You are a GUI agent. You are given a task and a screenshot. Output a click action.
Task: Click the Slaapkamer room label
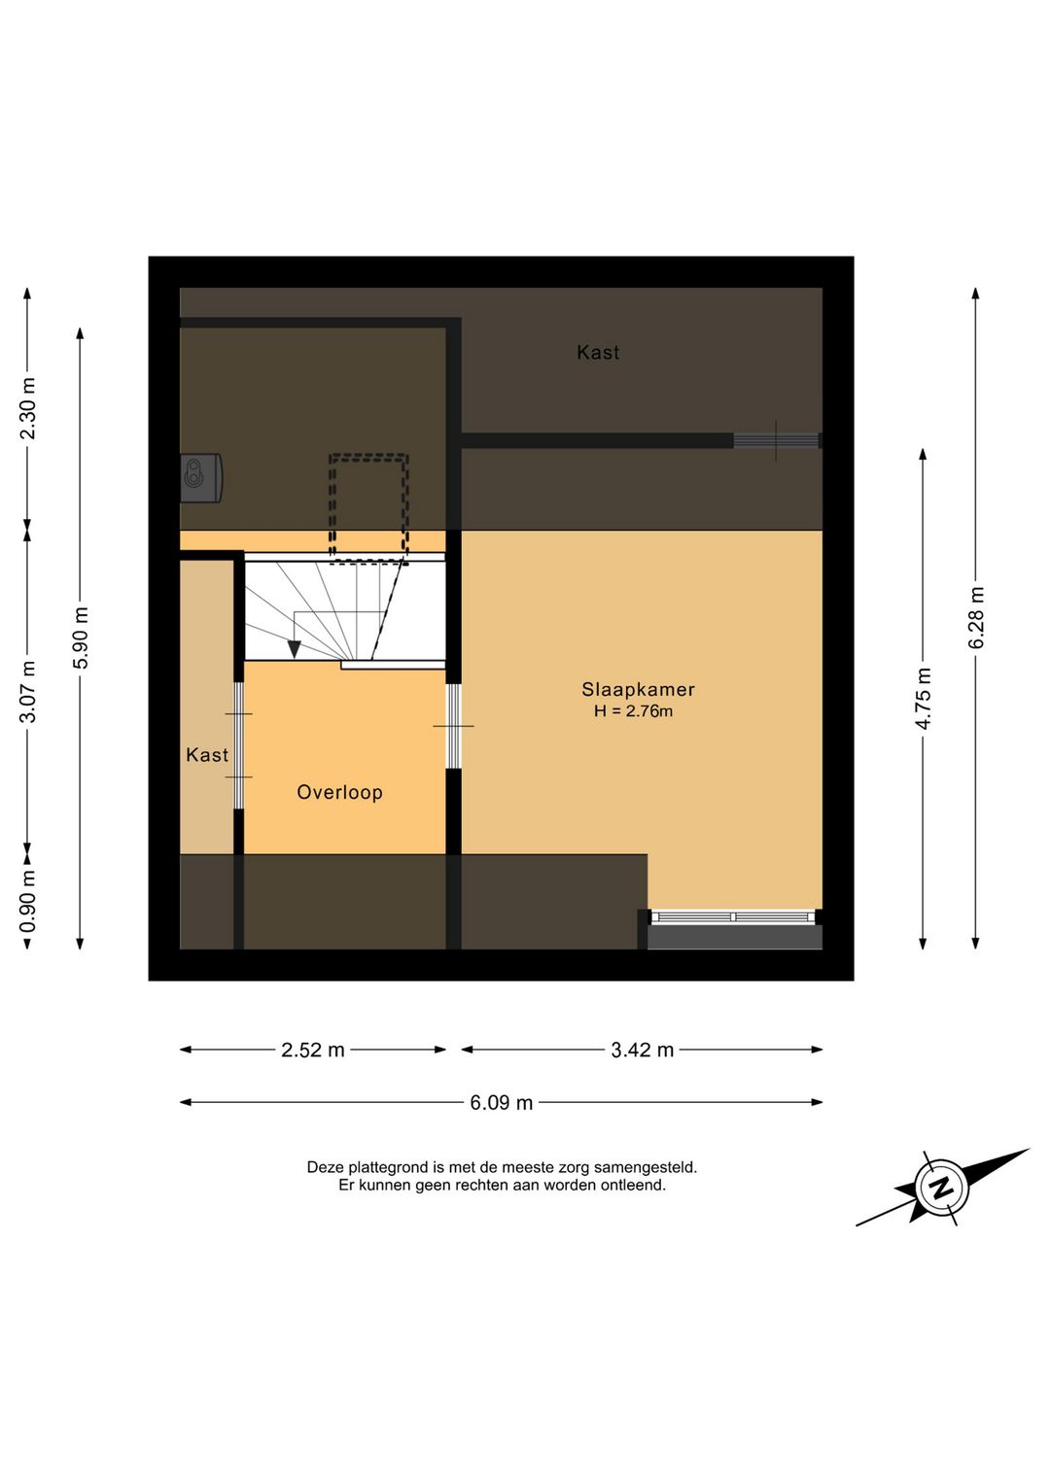(638, 689)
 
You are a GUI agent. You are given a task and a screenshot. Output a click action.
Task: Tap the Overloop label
(339, 792)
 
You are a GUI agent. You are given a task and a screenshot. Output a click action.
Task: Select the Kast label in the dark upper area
(598, 352)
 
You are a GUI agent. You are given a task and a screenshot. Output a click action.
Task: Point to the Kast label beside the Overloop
(207, 755)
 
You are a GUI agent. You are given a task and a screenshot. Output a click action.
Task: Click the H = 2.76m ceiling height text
(633, 711)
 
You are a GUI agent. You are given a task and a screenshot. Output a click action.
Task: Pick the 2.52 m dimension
(313, 1050)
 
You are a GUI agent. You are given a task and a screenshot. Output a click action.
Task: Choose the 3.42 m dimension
(642, 1050)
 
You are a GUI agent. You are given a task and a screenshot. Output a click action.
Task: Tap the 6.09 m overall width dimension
(502, 1102)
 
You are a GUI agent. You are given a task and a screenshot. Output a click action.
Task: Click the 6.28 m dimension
(976, 617)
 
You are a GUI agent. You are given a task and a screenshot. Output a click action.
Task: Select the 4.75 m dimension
(924, 699)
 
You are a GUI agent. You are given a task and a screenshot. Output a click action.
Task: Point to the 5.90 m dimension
(81, 638)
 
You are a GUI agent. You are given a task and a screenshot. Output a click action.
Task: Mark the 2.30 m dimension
(28, 408)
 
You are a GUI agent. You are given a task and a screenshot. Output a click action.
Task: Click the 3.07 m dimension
(28, 692)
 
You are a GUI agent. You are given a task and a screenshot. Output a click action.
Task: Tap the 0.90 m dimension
(28, 901)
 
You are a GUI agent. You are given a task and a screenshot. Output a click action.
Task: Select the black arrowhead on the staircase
(295, 649)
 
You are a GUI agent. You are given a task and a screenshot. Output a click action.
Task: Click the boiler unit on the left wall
(200, 478)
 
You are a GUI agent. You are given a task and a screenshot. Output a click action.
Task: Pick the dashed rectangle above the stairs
(368, 508)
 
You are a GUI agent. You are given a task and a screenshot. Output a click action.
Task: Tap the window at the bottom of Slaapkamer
(733, 917)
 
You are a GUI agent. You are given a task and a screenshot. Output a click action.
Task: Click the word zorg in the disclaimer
(574, 1167)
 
